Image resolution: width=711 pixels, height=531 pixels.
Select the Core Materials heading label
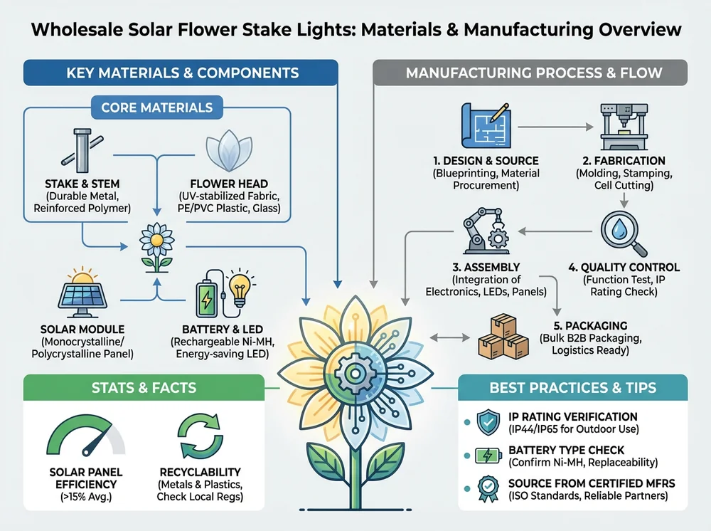click(x=156, y=108)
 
